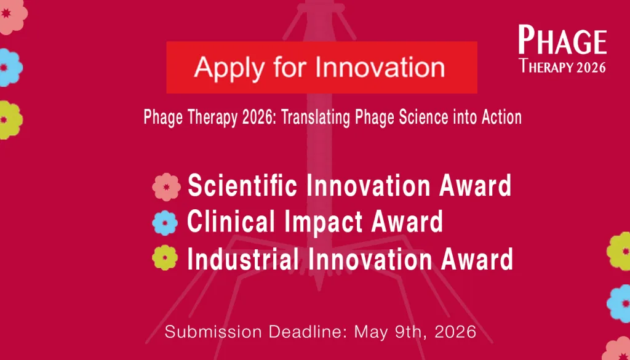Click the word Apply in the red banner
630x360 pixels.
pos(228,68)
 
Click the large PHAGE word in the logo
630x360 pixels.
pos(562,40)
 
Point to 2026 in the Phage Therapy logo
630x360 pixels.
pos(591,67)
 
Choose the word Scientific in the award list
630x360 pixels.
pos(242,186)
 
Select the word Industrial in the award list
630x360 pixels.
pos(242,258)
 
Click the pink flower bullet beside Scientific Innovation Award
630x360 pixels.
pos(166,187)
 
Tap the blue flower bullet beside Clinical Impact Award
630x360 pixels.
pos(165,223)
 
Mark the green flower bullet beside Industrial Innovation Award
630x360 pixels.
pos(165,258)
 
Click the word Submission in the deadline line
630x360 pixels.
pos(213,332)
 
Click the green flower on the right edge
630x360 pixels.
pos(619,252)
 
